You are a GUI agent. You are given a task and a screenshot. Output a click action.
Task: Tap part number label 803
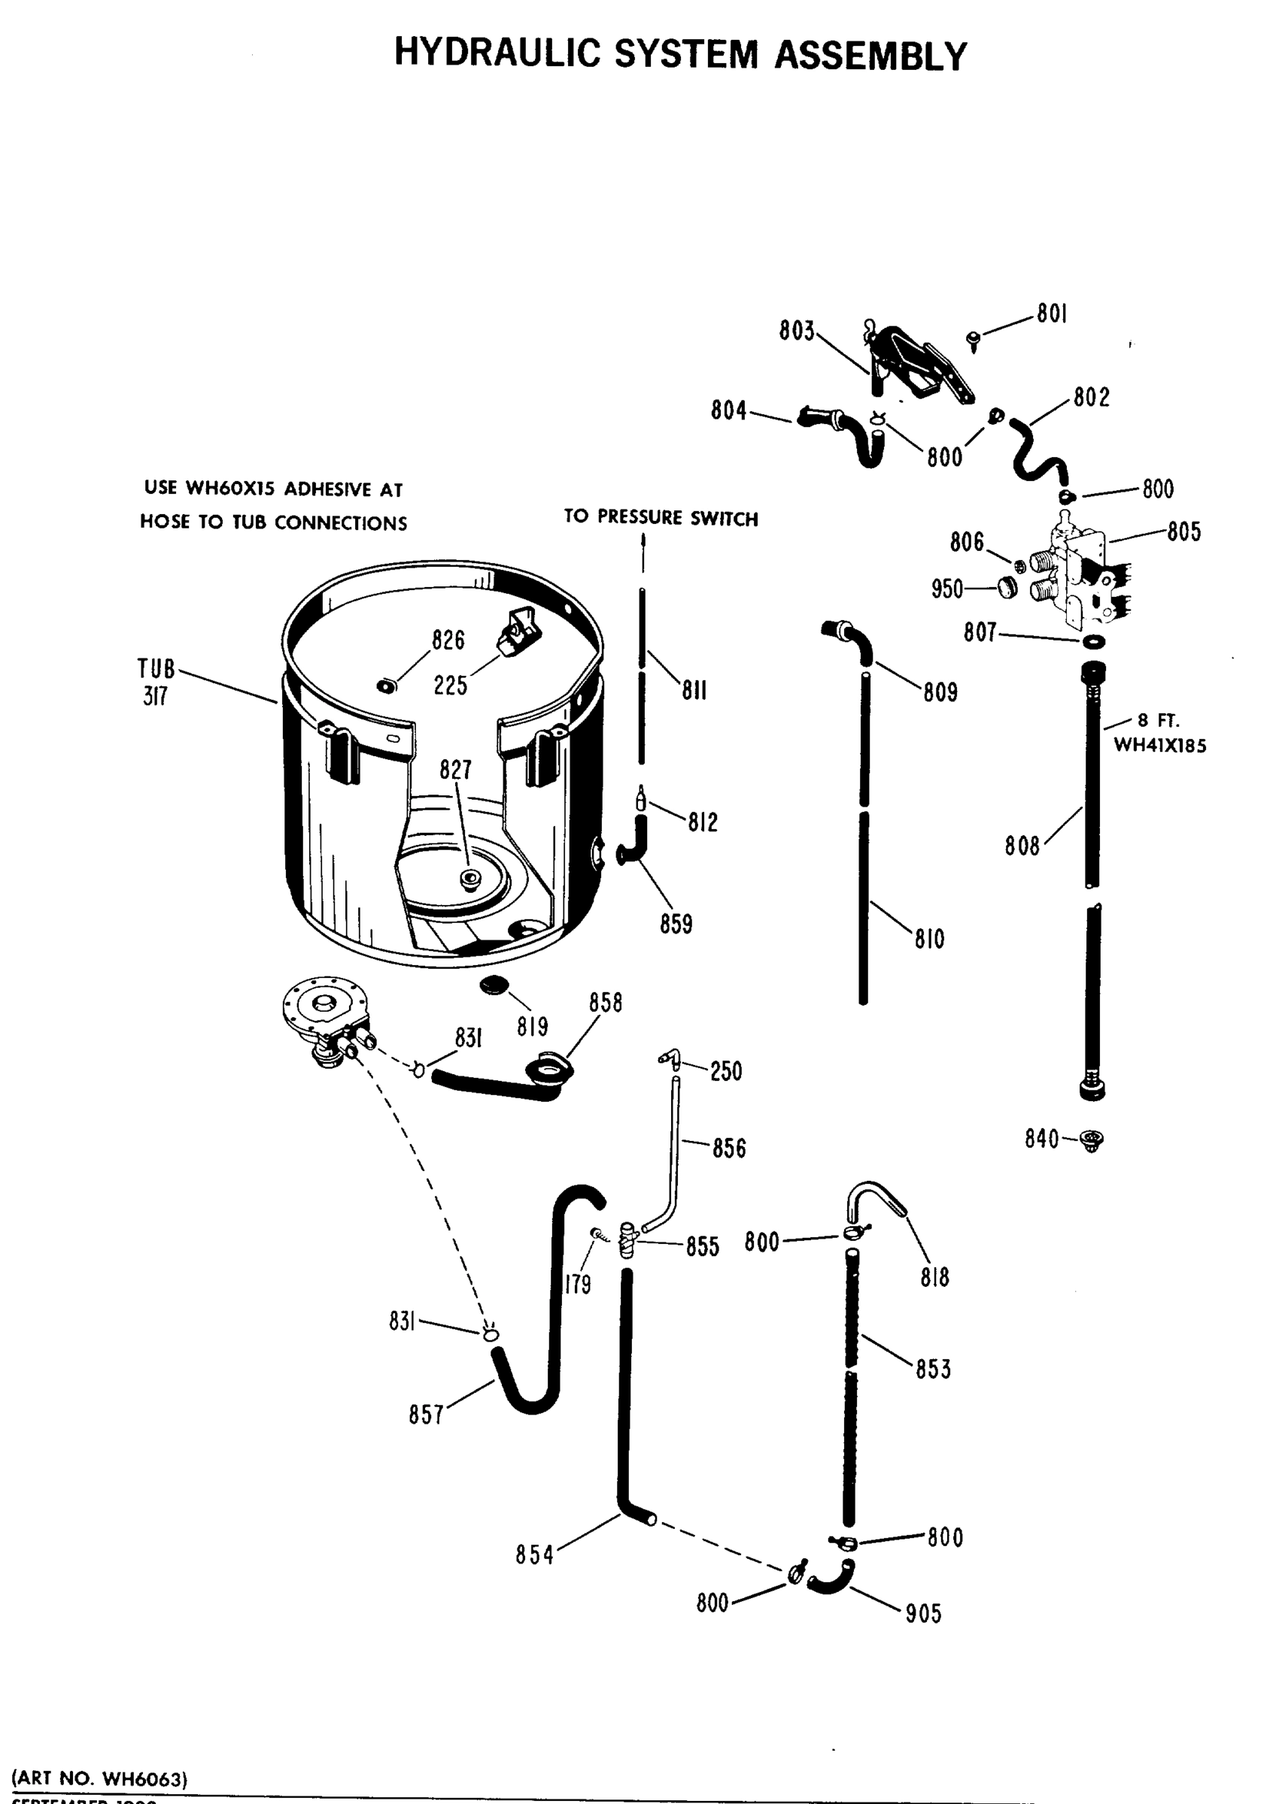[796, 331]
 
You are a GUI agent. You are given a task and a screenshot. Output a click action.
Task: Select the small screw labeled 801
[974, 339]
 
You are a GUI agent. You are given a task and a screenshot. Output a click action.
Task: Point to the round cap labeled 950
[1007, 586]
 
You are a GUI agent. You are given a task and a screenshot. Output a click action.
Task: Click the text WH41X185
[1159, 745]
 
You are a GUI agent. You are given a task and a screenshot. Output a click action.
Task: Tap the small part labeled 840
[1091, 1140]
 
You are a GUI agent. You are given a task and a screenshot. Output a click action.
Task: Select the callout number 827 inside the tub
[455, 770]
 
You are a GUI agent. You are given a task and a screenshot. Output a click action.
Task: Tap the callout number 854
[535, 1554]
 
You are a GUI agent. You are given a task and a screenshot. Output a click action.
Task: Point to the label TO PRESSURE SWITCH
[661, 518]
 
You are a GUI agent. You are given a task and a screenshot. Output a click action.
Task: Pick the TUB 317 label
[156, 682]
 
